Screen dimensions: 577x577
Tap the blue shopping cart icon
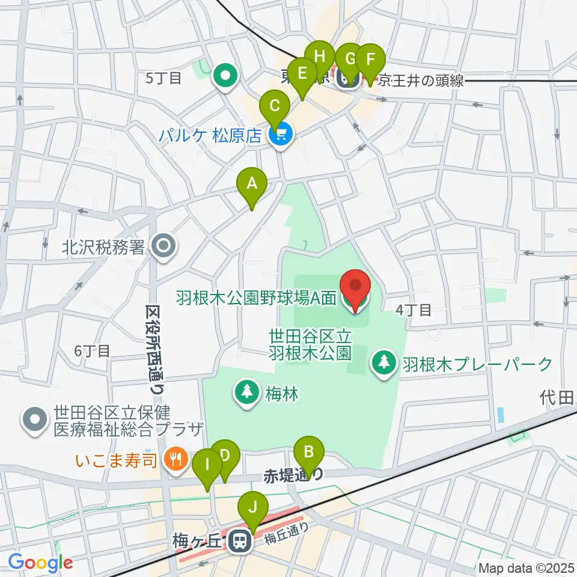coord(281,135)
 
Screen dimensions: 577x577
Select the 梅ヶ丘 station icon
coord(239,542)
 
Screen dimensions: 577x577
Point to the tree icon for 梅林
coord(246,393)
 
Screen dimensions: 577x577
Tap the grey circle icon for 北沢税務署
coord(162,246)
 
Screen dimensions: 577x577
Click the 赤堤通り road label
coord(293,476)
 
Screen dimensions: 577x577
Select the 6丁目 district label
coord(92,350)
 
